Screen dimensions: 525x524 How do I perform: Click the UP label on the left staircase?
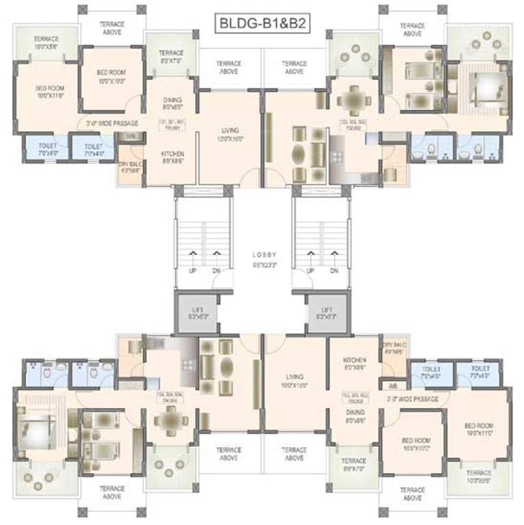[194, 271]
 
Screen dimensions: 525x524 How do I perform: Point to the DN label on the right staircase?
[335, 271]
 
